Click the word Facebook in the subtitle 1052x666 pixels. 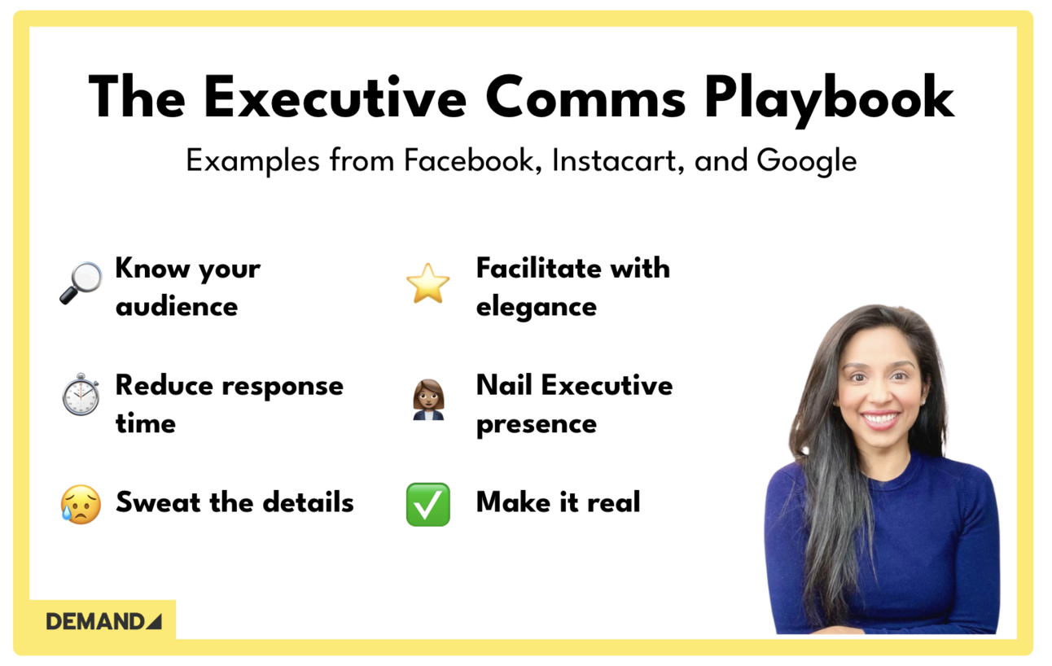click(473, 160)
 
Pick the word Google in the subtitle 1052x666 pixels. click(806, 160)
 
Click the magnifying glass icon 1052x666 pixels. click(81, 283)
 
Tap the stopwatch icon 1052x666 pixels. click(81, 395)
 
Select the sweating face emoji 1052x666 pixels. click(81, 504)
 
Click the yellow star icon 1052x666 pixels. click(427, 284)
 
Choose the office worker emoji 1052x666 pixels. click(428, 400)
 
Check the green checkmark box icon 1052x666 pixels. click(427, 504)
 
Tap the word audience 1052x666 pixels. click(177, 307)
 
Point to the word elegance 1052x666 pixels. click(536, 307)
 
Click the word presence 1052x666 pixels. click(536, 424)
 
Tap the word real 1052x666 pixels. click(614, 502)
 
